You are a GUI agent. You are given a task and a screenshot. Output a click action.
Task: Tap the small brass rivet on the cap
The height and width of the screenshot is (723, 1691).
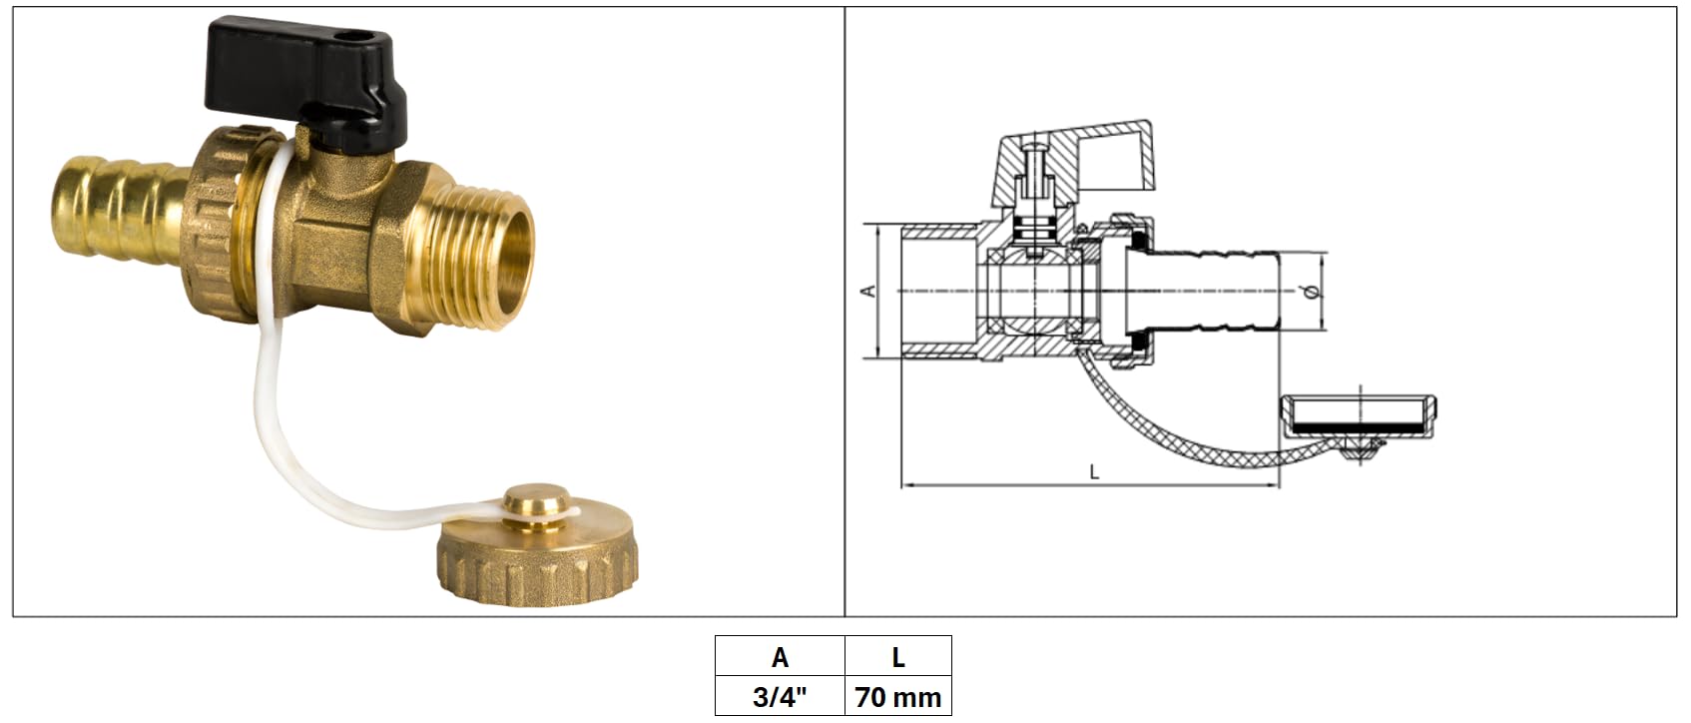pyautogui.click(x=537, y=503)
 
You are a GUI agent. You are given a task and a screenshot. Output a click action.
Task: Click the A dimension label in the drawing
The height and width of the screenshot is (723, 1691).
pyautogui.click(x=868, y=291)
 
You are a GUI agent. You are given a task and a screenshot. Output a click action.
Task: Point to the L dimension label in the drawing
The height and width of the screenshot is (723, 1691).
pyautogui.click(x=1095, y=473)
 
